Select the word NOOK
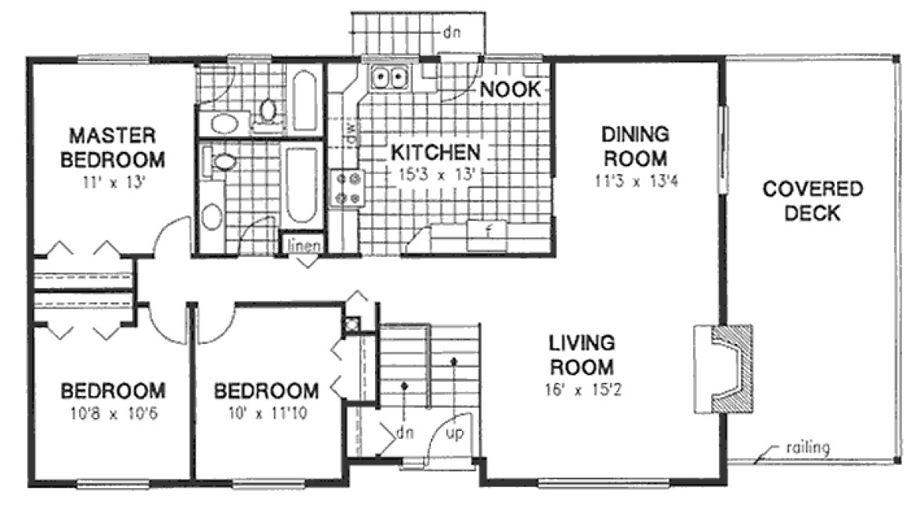pyautogui.click(x=510, y=89)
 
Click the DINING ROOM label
pyautogui.click(x=634, y=146)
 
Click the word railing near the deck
pyautogui.click(x=806, y=448)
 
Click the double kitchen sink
pyautogui.click(x=389, y=78)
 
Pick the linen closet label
pyautogui.click(x=301, y=245)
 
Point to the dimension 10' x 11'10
pyautogui.click(x=267, y=413)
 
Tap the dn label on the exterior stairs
pyautogui.click(x=451, y=33)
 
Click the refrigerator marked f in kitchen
pyautogui.click(x=487, y=232)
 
